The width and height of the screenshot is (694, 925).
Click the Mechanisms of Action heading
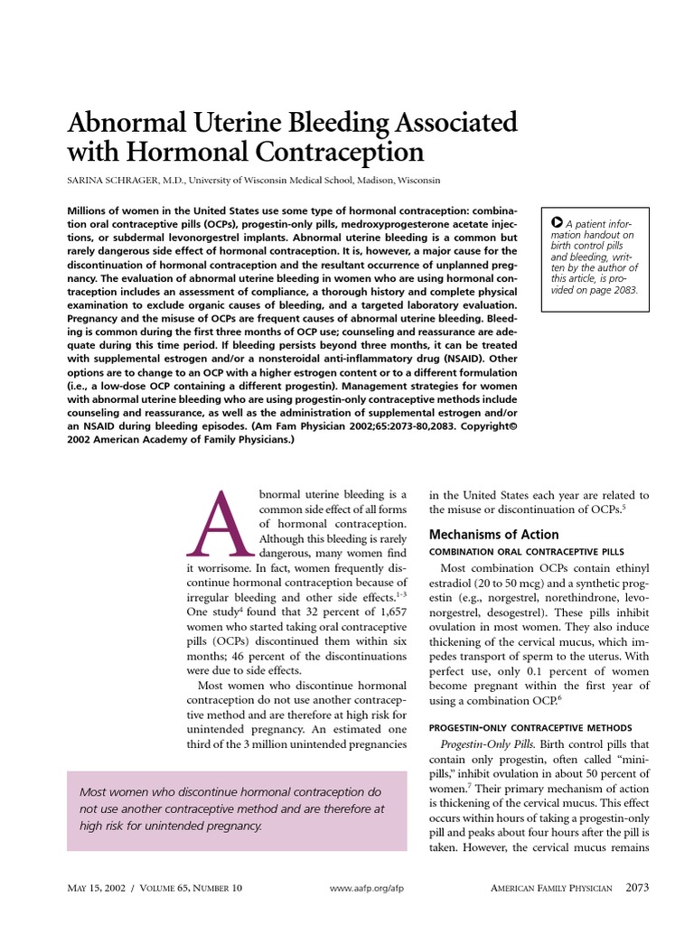pos(493,534)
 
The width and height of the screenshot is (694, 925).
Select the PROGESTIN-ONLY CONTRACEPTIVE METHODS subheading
pos(530,728)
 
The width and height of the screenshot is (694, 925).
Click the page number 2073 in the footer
pos(637,887)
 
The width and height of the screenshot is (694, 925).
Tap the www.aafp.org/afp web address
pos(367,888)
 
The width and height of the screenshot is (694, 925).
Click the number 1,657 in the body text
pos(386,602)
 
